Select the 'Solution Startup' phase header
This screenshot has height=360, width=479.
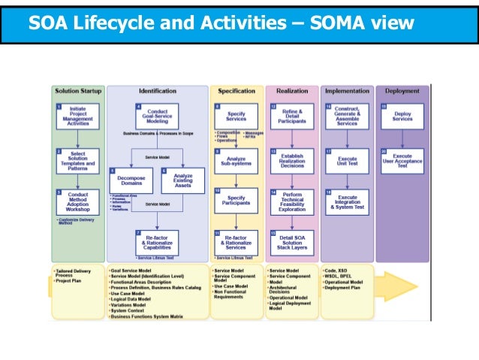tap(77, 91)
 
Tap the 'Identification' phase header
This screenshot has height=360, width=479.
tap(158, 91)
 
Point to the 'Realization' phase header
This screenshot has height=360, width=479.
tap(292, 91)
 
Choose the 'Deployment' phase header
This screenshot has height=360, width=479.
tap(402, 91)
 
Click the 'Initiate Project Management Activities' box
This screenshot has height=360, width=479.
tap(77, 116)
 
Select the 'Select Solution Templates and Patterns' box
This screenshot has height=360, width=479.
tap(77, 160)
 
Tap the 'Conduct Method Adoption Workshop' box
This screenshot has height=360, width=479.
tap(77, 202)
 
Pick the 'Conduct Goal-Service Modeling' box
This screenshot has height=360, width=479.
tap(158, 116)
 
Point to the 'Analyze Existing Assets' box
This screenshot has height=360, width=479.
tap(182, 180)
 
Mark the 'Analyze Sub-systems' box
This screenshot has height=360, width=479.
tap(236, 159)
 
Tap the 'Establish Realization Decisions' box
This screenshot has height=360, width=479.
tap(292, 159)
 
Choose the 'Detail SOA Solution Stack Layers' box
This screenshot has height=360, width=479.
tap(292, 242)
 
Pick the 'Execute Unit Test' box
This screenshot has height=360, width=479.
tap(347, 159)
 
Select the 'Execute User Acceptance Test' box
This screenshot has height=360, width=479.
tap(402, 159)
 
